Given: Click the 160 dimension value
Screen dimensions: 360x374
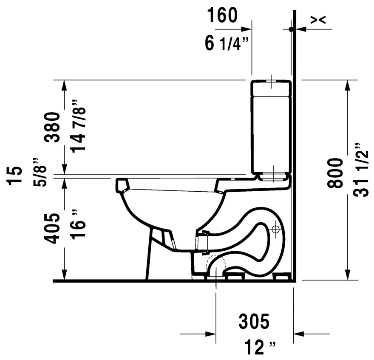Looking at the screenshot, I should (x=222, y=15).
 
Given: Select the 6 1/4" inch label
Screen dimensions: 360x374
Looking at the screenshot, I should (x=226, y=43).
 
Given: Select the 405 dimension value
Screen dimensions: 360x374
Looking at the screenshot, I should (x=54, y=229).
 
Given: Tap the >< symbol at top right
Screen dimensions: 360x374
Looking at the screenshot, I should (x=317, y=20).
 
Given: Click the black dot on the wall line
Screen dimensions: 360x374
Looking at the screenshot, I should (x=291, y=29).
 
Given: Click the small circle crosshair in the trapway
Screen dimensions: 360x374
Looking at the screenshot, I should (x=275, y=230).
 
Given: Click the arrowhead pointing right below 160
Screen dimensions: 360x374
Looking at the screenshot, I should (x=248, y=29).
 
